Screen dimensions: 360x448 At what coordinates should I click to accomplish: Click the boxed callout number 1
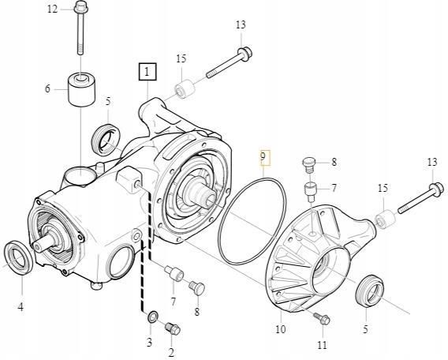[x=148, y=73]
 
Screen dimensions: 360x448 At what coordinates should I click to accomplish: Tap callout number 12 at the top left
[x=53, y=9]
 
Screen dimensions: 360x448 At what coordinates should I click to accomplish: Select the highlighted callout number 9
[x=265, y=157]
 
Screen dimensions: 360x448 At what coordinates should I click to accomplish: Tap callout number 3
[x=149, y=342]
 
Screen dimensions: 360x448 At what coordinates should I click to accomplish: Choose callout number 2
[x=170, y=351]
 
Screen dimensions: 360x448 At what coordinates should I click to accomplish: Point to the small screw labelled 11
[x=319, y=317]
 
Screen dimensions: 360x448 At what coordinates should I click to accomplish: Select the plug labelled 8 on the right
[x=309, y=164]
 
